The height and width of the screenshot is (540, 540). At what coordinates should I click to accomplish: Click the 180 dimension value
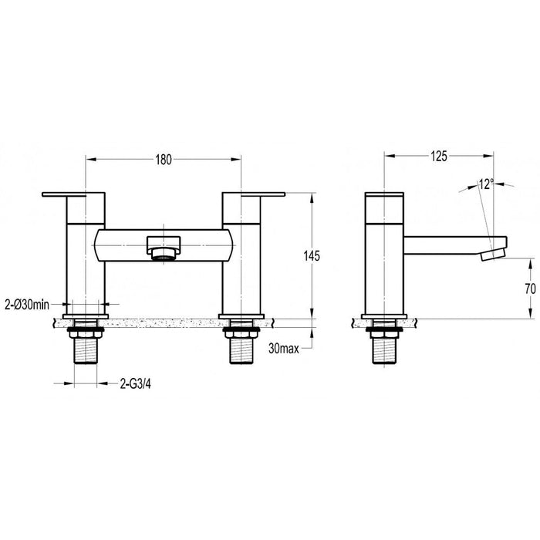click(164, 159)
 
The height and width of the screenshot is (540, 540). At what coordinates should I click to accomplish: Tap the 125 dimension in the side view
click(438, 157)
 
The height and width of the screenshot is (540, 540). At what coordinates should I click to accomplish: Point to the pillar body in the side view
click(384, 270)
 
